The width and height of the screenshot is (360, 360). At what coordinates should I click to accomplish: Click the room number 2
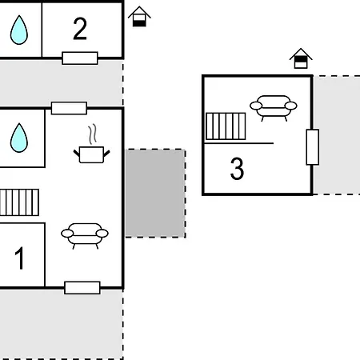tap(80, 29)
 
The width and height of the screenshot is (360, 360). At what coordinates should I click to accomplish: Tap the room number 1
tap(19, 258)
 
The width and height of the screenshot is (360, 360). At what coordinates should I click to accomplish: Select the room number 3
tap(237, 169)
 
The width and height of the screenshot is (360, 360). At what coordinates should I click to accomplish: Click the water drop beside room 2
tap(19, 30)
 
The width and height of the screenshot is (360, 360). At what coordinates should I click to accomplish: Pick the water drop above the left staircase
tap(19, 138)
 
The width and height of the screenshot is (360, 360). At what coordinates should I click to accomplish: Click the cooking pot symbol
tap(91, 154)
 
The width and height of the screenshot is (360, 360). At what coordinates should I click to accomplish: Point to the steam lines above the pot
tap(92, 134)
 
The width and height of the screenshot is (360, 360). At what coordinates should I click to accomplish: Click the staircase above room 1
tap(19, 202)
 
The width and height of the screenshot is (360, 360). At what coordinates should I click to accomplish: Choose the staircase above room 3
tap(226, 126)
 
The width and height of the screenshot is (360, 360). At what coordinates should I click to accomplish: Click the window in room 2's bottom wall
tap(80, 58)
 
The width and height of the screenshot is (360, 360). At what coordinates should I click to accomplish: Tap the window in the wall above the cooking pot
tap(69, 108)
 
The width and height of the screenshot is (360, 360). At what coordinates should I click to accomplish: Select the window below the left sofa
tap(82, 288)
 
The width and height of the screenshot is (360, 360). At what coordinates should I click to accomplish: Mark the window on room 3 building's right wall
tap(313, 147)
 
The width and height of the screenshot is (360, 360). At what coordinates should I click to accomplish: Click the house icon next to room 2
tap(139, 17)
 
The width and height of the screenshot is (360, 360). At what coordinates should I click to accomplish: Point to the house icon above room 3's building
tap(301, 58)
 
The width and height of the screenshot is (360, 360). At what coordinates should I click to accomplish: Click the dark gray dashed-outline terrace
tap(155, 194)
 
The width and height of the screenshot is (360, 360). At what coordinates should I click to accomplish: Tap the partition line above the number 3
tap(239, 143)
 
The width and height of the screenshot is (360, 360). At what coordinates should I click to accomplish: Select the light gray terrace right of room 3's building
tap(337, 135)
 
